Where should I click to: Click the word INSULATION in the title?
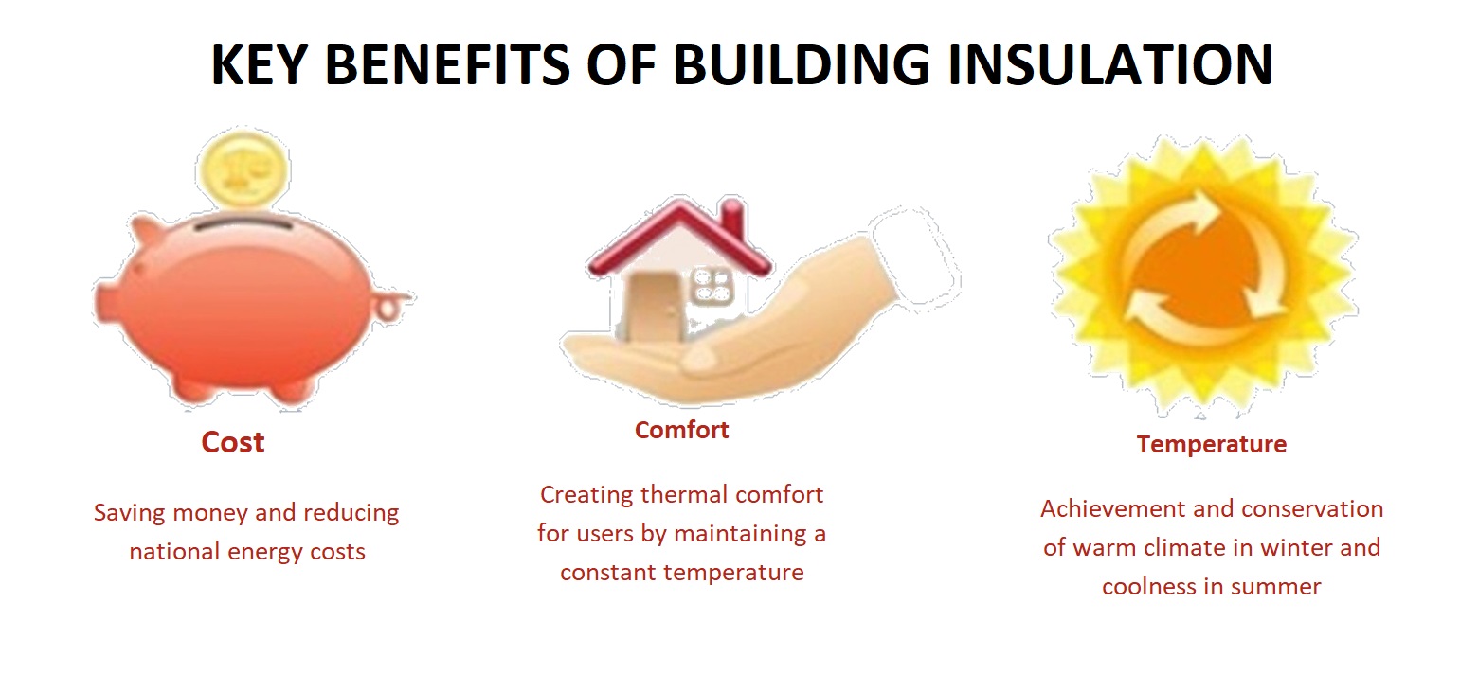pos(1110,64)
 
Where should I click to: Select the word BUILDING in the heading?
pos(801,64)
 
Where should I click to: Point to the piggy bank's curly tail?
pos(392,305)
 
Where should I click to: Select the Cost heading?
pos(233,442)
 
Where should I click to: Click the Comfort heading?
pos(681,430)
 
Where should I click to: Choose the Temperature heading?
pos(1212,445)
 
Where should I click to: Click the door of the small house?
pos(653,306)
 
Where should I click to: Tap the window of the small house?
pos(712,286)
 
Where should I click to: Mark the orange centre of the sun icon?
pos(1204,271)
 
